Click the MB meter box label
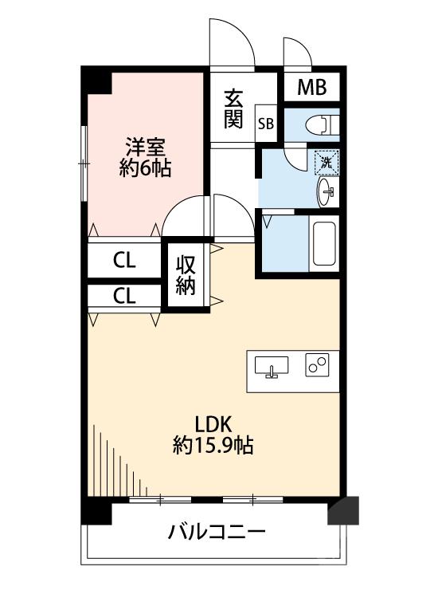311,88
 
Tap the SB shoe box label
266,124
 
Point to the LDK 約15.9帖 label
213,434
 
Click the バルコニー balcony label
216,530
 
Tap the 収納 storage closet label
186,275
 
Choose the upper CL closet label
123,260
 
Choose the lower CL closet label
123,297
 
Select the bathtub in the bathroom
325,244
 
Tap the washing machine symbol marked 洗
326,162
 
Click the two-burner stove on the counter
317,366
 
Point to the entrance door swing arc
231,40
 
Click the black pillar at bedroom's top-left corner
99,81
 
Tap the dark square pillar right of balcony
343,510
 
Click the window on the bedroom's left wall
84,163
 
